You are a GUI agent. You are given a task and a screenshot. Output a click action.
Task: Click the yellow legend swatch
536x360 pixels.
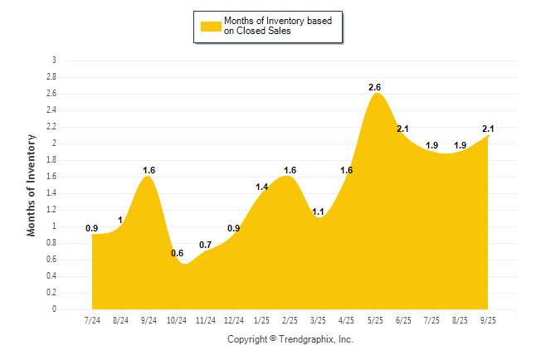[x=211, y=26]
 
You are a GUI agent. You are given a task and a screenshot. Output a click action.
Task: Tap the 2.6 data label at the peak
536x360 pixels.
[x=375, y=87]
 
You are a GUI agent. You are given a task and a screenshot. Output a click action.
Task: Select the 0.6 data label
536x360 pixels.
[x=177, y=253]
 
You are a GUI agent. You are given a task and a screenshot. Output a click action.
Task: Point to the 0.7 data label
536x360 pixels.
[x=206, y=245]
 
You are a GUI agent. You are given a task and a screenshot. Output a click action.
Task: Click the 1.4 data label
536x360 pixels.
[x=262, y=187]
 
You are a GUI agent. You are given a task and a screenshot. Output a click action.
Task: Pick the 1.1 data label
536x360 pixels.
[x=318, y=212]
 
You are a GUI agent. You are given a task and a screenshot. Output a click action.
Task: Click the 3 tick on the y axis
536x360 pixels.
[x=54, y=61]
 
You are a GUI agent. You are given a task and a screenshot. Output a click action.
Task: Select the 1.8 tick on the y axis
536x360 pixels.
[x=51, y=160]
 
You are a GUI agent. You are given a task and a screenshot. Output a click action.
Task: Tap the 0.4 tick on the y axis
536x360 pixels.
[x=51, y=276]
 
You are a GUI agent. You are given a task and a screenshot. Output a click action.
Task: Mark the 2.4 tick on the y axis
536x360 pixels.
[x=51, y=110]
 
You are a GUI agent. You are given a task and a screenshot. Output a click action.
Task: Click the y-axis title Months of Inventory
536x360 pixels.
[x=32, y=185]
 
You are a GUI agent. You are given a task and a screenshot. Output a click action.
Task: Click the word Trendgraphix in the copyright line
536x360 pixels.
[x=306, y=339]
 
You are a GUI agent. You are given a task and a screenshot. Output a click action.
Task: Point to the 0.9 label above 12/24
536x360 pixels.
[x=234, y=228]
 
